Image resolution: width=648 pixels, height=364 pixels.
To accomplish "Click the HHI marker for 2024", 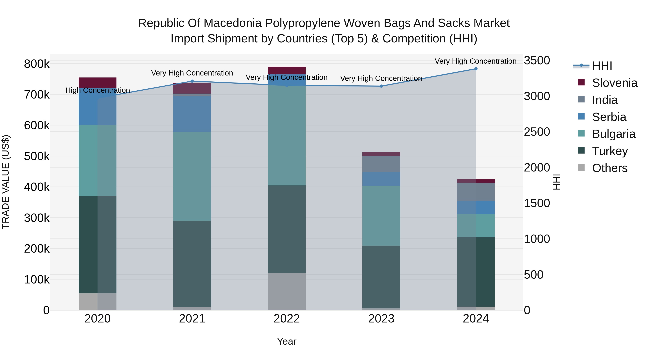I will tap(476, 69).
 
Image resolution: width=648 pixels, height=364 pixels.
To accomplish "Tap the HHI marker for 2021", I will tap(192, 81).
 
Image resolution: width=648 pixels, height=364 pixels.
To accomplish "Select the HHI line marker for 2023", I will tap(381, 86).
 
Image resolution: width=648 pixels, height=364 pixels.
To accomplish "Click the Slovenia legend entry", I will tap(614, 83).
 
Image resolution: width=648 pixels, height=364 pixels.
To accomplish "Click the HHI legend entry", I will tap(602, 66).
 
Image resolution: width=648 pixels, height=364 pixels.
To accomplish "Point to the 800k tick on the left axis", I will tap(37, 64).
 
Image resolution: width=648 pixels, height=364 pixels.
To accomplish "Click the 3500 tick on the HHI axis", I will tap(537, 61).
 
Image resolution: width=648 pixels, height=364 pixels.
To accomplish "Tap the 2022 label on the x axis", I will tap(287, 319).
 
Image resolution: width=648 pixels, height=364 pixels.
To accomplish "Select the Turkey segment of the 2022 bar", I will tap(287, 229).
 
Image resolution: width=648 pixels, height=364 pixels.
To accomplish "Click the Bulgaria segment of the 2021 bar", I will tap(192, 176).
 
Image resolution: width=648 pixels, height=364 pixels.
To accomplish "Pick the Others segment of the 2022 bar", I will tap(287, 291).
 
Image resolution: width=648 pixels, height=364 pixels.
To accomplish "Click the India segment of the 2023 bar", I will tap(381, 164).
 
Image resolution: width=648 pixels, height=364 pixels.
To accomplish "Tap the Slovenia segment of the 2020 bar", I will tap(98, 83).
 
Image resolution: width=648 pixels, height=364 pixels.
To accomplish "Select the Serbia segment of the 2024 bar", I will tap(476, 207).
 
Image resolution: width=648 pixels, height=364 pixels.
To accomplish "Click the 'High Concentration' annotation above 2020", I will tap(98, 90).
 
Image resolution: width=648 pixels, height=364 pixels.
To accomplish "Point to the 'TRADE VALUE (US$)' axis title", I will tap(6, 182).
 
